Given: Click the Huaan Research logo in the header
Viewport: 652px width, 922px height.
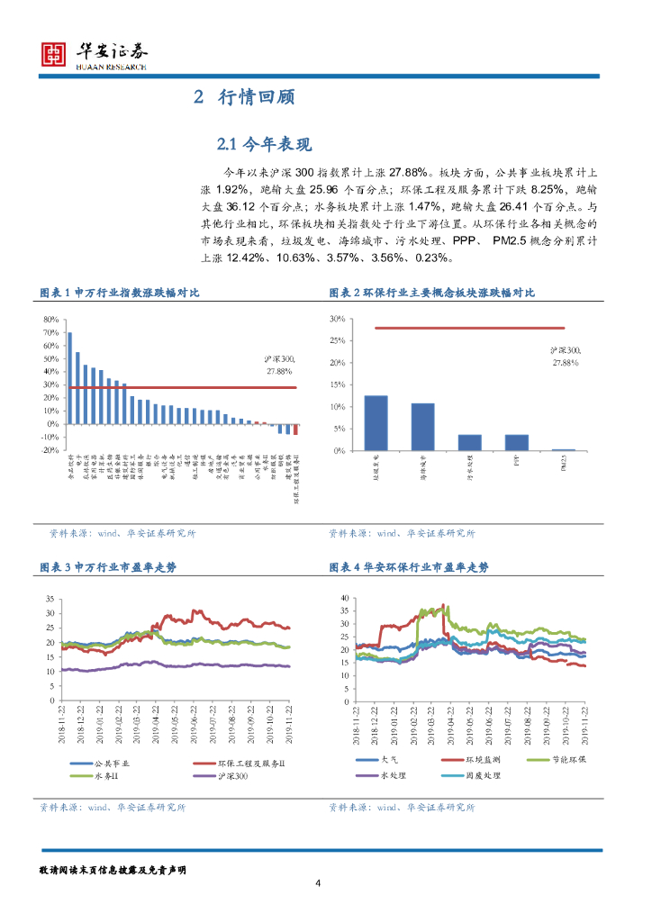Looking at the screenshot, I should click(x=95, y=55).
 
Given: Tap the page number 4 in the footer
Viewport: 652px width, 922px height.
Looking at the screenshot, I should click(x=318, y=881).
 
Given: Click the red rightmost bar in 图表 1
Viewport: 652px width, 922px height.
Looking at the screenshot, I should click(x=295, y=429).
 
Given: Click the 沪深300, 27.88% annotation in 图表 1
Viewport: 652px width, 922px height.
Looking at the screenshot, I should click(x=278, y=365).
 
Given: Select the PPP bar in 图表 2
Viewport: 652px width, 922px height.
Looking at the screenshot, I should click(x=516, y=442).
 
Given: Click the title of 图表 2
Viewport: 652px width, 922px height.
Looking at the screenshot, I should click(x=431, y=293).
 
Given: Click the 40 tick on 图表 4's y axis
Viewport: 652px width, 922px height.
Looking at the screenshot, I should click(x=342, y=598).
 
